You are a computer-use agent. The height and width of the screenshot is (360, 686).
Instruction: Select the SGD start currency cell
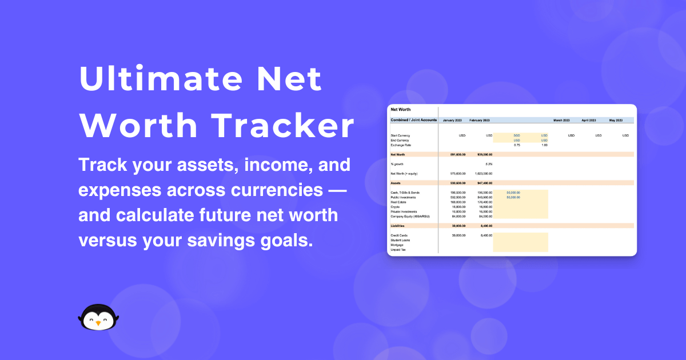[x=517, y=135]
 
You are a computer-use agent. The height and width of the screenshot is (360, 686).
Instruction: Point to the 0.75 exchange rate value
[x=517, y=145]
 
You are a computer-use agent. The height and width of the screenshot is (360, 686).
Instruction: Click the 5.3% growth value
[x=488, y=164]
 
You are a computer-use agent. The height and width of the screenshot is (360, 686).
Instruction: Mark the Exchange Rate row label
[x=400, y=145]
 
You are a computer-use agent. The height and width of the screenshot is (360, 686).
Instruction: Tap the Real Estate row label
[x=398, y=202]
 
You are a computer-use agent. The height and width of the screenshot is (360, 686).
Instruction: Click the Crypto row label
[x=396, y=207]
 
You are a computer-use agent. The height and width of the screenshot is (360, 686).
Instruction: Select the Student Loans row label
[x=400, y=240]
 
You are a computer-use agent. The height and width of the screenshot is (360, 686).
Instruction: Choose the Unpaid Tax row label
[x=398, y=250]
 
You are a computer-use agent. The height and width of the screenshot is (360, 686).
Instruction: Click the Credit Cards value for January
[x=458, y=235]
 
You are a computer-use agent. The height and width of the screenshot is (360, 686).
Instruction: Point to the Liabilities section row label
[x=397, y=226]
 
